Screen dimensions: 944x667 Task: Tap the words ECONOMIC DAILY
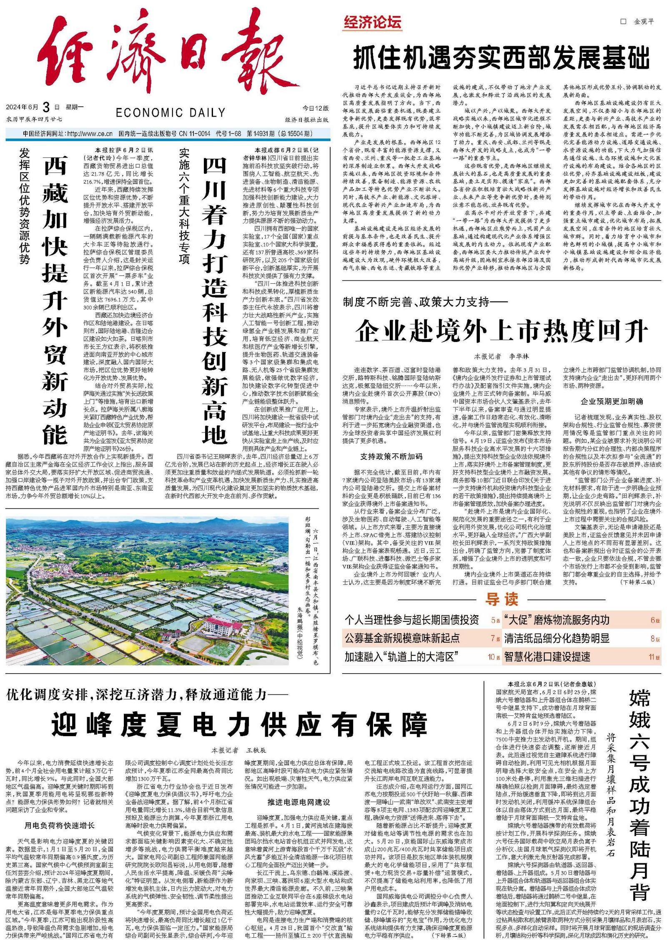[171, 112]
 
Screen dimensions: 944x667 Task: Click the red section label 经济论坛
[372, 22]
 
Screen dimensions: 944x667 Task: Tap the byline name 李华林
[519, 356]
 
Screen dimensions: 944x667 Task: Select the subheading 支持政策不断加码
[391, 457]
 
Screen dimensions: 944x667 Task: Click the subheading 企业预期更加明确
[612, 402]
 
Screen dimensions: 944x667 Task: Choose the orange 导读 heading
[502, 599]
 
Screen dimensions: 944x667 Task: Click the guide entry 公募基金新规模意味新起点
[402, 638]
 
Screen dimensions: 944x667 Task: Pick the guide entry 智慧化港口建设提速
[547, 657]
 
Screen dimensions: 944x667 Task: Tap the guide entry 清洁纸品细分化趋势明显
[557, 638]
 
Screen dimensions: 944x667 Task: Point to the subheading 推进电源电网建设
[298, 802]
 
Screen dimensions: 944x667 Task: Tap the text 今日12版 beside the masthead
[316, 108]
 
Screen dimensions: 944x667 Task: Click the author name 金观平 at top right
[644, 22]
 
